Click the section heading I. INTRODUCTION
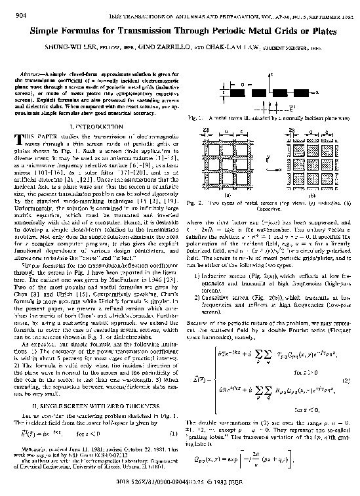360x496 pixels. pyautogui.click(x=90, y=125)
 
